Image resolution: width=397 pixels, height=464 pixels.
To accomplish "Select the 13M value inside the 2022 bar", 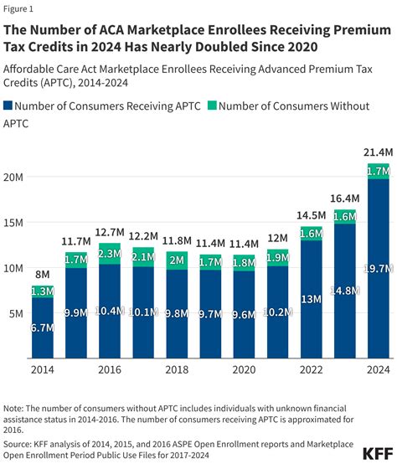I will click(311, 299).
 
